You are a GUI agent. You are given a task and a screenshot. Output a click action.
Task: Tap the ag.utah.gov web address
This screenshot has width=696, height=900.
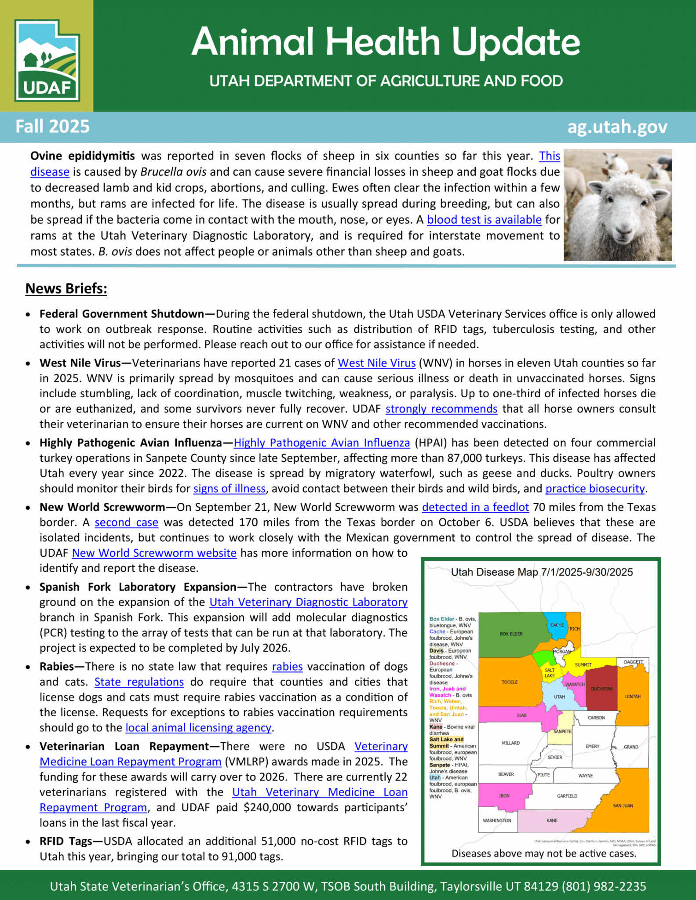click(x=617, y=127)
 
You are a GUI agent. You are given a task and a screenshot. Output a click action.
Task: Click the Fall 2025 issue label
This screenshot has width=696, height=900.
click(x=53, y=127)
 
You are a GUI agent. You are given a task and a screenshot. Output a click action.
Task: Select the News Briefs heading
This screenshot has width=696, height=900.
click(x=66, y=288)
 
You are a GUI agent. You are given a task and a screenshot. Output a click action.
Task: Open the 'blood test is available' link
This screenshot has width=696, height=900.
click(x=484, y=220)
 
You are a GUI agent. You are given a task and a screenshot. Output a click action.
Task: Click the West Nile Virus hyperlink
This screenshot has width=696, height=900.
click(x=376, y=363)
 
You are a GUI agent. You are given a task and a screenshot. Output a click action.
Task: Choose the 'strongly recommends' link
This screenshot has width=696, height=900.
click(x=441, y=409)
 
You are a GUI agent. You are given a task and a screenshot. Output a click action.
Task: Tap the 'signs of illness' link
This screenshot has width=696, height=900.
click(x=229, y=489)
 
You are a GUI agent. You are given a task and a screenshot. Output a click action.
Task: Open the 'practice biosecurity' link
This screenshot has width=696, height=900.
click(x=595, y=489)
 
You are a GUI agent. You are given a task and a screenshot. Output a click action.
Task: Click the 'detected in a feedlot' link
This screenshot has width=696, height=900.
click(x=475, y=507)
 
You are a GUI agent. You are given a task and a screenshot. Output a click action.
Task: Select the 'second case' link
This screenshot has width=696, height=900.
click(x=126, y=523)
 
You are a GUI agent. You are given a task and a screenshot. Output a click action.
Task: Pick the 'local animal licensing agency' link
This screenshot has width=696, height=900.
click(x=198, y=728)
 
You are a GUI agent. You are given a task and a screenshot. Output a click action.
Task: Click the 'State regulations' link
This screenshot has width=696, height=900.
click(x=139, y=682)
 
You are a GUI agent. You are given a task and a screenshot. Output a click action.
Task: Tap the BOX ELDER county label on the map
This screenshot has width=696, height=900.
click(x=511, y=634)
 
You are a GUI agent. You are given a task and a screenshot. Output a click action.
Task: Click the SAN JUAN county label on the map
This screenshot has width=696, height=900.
click(x=623, y=806)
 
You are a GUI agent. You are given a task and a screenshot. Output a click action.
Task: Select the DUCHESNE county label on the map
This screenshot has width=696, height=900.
click(x=601, y=689)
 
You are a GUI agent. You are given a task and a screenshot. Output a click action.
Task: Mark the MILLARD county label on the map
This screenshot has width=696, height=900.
click(x=510, y=743)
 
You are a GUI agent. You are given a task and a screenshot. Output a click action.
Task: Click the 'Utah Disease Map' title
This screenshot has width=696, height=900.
click(x=542, y=572)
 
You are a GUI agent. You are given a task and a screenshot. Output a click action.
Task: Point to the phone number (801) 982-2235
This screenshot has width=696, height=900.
click(x=604, y=886)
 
